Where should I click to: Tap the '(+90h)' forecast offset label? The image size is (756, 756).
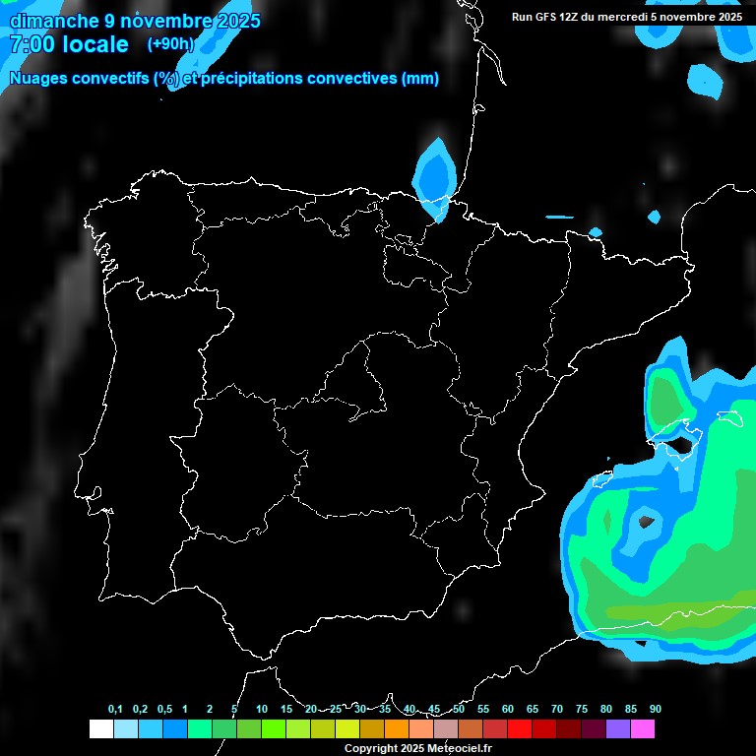pos(170,43)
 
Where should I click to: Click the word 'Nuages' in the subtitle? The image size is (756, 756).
pos(39,79)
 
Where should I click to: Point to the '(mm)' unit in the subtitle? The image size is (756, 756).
pos(420,79)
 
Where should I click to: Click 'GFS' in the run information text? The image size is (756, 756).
pos(546,17)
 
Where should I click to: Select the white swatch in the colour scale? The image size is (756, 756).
pos(100,729)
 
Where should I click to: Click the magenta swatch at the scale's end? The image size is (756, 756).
pos(643,729)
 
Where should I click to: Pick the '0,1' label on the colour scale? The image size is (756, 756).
pos(115,710)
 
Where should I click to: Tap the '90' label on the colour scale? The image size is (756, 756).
pos(656,710)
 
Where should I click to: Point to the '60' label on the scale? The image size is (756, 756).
pos(508,710)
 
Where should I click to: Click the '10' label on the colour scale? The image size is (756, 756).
pos(262,710)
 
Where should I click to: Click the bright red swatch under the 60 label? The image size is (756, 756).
pos(520,729)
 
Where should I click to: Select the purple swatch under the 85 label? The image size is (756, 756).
pos(618,729)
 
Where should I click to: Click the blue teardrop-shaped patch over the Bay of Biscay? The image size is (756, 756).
pos(435,174)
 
